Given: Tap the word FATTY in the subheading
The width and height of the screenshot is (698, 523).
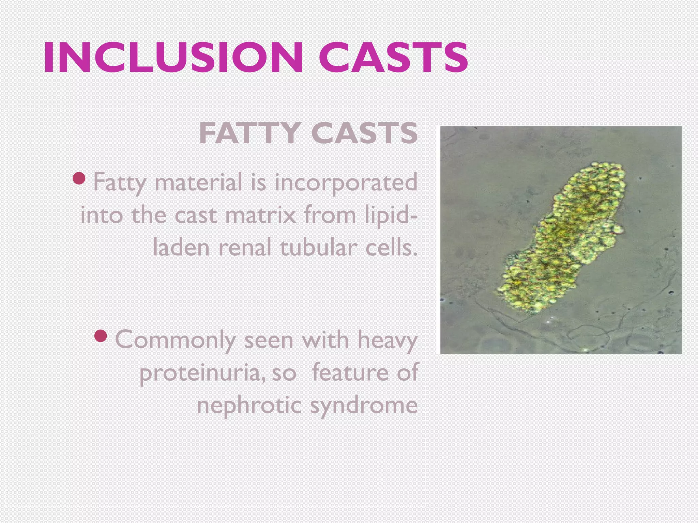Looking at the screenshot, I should pos(249,133).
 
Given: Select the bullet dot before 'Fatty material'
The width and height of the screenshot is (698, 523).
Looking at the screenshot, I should pos(79,178).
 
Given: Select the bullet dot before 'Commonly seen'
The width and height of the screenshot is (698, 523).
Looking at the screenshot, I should pos(101,336).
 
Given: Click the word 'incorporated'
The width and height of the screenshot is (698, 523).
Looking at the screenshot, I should pos(346,183).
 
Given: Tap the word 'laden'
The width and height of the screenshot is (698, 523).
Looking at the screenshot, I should pos(181,248).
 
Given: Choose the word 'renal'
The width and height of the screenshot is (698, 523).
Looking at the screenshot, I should pos(244,248).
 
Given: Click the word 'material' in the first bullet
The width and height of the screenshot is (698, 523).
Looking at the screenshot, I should pos(198,183).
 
